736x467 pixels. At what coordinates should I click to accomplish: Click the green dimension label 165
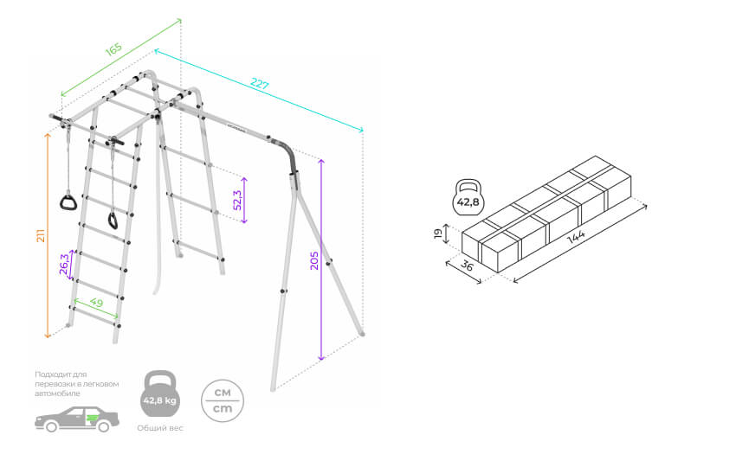[x=114, y=48]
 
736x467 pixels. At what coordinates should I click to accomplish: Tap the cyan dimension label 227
[x=260, y=85]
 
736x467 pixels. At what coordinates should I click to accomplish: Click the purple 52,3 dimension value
[x=236, y=200]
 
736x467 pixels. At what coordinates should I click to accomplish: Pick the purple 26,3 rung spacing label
[x=64, y=262]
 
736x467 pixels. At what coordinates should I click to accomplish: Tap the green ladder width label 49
[x=97, y=304]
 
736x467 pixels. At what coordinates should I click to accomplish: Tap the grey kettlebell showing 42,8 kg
[x=160, y=396]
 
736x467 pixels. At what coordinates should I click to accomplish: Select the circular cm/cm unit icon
[x=222, y=399]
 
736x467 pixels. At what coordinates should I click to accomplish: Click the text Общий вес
[x=160, y=429]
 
